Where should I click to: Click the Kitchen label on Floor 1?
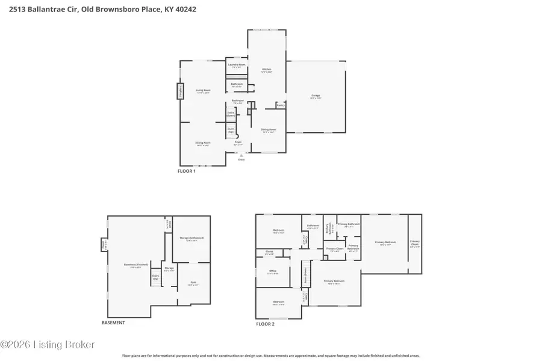click(266, 70)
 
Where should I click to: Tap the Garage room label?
click(316, 97)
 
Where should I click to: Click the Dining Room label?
click(269, 130)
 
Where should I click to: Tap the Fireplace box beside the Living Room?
click(179, 91)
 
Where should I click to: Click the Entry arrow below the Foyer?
click(241, 155)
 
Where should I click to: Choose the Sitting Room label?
click(202, 143)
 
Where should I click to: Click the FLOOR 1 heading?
click(186, 171)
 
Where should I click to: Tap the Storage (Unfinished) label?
click(192, 238)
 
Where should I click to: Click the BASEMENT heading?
click(113, 322)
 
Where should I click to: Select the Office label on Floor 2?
click(272, 271)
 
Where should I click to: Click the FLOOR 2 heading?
click(265, 324)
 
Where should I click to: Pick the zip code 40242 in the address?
click(184, 10)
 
